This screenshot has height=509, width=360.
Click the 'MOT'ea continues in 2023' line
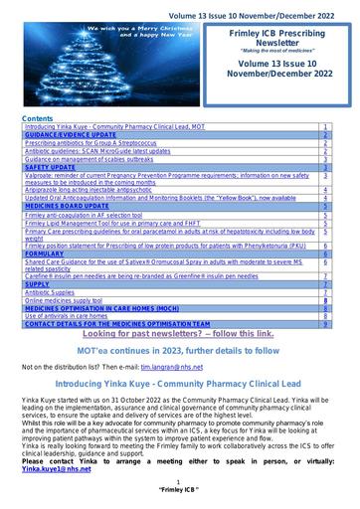tap(179, 351)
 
